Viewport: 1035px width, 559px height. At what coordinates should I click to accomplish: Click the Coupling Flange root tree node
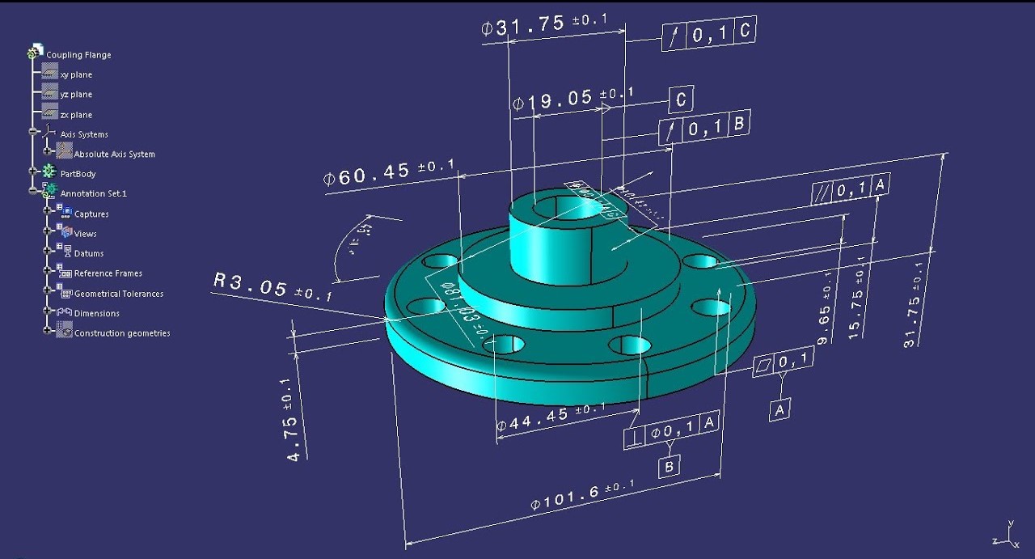[78, 55]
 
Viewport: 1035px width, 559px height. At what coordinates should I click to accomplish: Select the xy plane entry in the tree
[75, 74]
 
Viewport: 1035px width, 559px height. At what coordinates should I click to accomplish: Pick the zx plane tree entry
[75, 115]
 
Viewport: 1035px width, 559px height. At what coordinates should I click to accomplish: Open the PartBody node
[78, 174]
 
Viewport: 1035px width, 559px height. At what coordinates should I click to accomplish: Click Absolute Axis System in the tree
[114, 154]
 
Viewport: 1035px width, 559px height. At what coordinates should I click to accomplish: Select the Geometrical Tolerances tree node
[118, 294]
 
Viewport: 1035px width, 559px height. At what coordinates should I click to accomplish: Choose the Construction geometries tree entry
[121, 333]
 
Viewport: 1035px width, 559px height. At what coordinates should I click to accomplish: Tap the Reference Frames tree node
[108, 273]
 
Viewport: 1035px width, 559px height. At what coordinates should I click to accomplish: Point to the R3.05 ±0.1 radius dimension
[273, 287]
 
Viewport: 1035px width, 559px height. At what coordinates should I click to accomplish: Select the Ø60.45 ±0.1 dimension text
[388, 172]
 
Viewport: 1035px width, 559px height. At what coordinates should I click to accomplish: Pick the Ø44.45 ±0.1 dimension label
[549, 417]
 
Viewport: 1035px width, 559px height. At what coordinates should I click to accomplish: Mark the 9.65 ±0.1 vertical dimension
[825, 305]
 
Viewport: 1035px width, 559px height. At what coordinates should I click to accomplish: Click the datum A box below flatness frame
[779, 410]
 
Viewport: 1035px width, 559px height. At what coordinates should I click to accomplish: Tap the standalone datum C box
[680, 100]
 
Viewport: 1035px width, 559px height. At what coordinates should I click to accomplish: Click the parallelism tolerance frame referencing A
[850, 188]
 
